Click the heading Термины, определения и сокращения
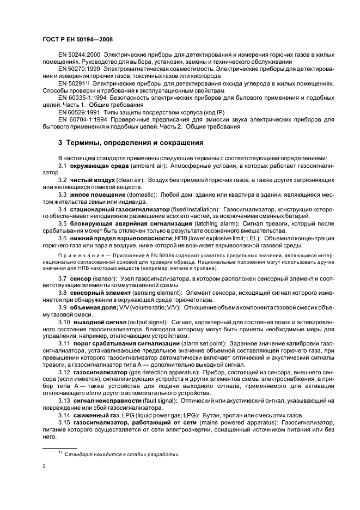point(131,143)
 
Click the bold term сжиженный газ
point(94,415)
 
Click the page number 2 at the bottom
point(44,466)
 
